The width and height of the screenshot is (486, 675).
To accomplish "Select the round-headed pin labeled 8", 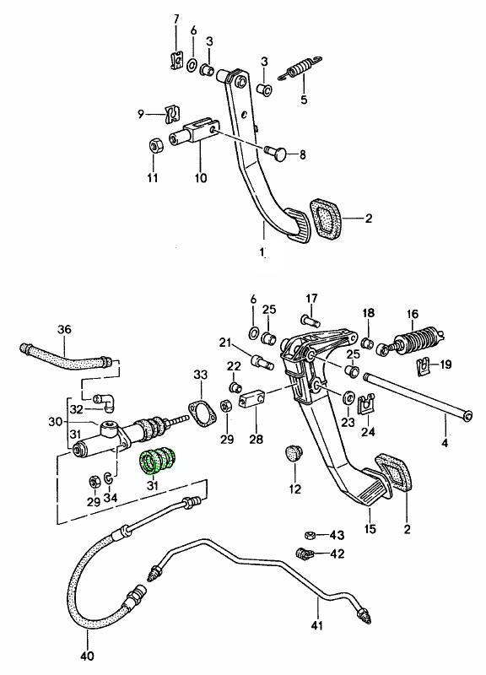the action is pos(276,153).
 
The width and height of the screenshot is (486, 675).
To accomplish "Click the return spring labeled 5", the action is pos(300,69).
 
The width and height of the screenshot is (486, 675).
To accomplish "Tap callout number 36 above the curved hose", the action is pos(64,330).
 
